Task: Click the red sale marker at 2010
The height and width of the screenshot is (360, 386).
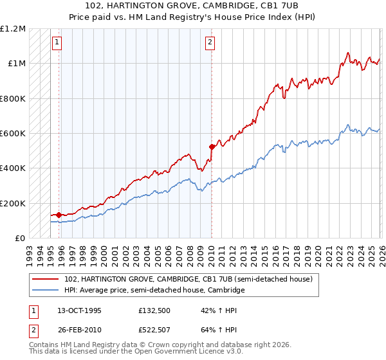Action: click(212, 147)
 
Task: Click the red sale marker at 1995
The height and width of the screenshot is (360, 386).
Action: click(59, 215)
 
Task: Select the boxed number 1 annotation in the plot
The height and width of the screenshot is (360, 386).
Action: click(57, 43)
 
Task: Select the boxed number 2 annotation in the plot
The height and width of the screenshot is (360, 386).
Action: click(210, 43)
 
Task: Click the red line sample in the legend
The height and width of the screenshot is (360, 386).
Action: click(46, 279)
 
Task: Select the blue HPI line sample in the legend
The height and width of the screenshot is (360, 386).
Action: click(46, 291)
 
